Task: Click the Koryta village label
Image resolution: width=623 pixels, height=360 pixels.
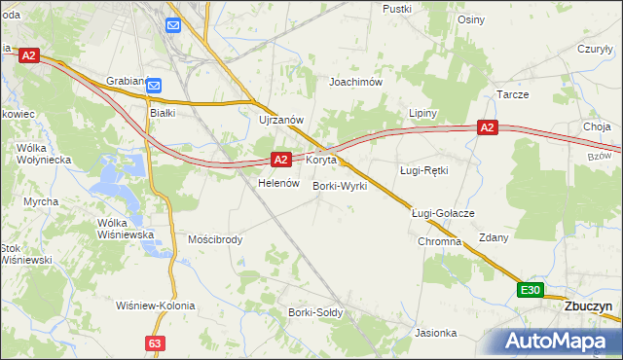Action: pos(321,159)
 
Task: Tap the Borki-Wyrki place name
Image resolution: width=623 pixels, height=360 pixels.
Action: pos(340,185)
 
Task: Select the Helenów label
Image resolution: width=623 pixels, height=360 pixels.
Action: pos(275,183)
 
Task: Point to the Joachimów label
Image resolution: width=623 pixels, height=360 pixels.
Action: pos(356,82)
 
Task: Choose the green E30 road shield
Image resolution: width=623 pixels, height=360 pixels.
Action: pos(530,290)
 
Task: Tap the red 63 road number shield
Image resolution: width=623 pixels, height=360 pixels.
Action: pos(155,343)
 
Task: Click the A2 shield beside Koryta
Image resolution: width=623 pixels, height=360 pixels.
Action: pos(280,159)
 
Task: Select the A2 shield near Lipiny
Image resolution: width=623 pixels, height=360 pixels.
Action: pos(488,127)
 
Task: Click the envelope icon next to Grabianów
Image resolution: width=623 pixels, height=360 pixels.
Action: pos(155,87)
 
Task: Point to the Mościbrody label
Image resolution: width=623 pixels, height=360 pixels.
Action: pos(215,238)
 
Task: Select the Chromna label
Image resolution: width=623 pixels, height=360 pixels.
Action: pos(439,241)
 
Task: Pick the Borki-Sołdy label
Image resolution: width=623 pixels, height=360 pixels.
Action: pos(312,312)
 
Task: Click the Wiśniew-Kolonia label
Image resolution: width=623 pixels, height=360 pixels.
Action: pos(155,306)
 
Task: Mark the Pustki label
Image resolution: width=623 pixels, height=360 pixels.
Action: pos(397,8)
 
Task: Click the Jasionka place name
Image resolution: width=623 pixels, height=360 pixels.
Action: pos(435,333)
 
